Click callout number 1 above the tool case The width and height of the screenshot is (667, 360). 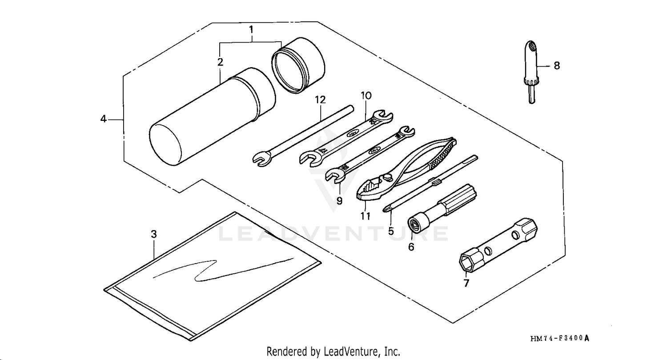[x=251, y=30]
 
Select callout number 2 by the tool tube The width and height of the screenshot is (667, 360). [x=220, y=62]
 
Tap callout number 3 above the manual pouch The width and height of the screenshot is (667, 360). [x=153, y=234]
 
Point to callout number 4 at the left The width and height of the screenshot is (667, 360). [x=103, y=119]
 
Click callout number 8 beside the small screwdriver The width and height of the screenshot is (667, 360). [x=556, y=66]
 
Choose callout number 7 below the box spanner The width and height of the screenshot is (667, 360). [x=466, y=283]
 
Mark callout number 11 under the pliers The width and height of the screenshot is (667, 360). [x=365, y=216]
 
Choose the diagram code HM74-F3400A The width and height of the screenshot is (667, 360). [x=560, y=339]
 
